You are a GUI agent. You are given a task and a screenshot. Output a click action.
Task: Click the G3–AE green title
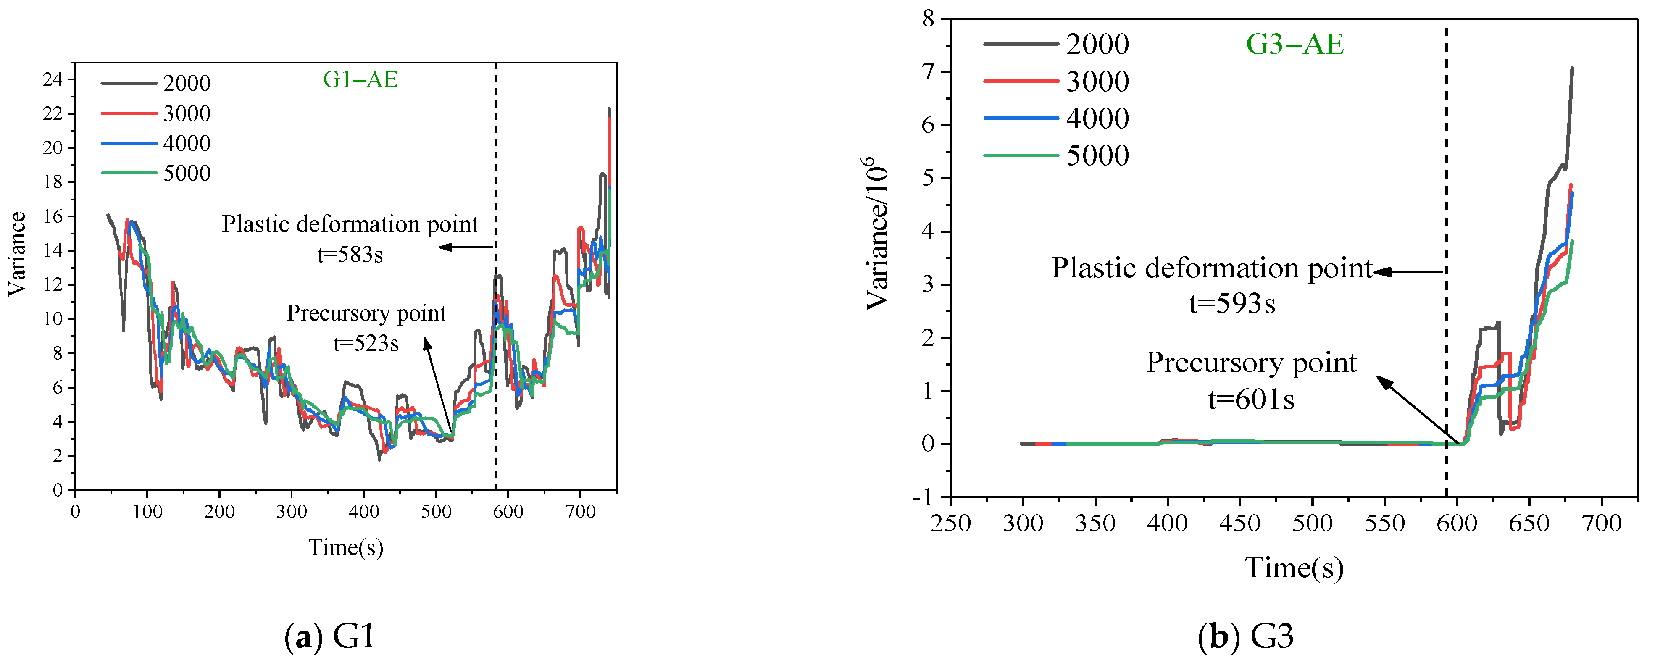pyautogui.click(x=1294, y=44)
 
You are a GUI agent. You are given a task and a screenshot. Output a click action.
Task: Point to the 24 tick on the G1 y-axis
pyautogui.click(x=52, y=80)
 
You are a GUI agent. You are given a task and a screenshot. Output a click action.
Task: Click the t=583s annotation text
pyautogui.click(x=350, y=255)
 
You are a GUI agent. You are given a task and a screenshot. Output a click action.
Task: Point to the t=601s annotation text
pyautogui.click(x=1250, y=400)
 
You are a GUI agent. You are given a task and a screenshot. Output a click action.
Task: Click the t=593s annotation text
pyautogui.click(x=1231, y=303)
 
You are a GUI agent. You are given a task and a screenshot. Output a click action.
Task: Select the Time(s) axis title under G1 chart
pyautogui.click(x=346, y=547)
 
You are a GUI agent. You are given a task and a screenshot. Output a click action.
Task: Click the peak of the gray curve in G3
pyautogui.click(x=1571, y=68)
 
